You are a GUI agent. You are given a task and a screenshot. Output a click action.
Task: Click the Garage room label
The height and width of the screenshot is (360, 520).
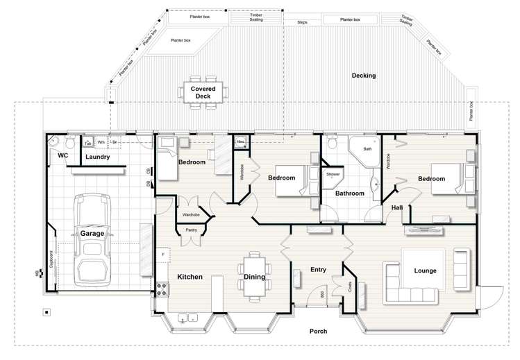click(92, 234)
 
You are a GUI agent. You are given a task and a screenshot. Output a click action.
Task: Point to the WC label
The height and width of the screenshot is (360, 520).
click(62, 156)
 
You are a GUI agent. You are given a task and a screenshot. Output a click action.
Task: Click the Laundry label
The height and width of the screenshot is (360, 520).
click(98, 157)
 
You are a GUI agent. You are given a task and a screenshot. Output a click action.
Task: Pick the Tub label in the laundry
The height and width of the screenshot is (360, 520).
click(88, 143)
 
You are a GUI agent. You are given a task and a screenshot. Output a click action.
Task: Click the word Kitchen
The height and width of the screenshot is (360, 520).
click(190, 277)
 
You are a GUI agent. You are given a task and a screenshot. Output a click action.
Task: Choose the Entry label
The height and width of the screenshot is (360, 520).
click(318, 270)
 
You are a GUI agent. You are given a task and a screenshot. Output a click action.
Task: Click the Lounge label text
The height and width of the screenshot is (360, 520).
click(425, 271)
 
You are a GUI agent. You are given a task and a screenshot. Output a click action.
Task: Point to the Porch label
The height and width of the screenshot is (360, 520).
click(318, 332)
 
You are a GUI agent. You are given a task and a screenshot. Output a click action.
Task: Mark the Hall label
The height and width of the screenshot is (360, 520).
click(396, 207)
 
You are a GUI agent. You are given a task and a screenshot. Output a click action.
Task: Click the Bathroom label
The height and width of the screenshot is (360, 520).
click(350, 194)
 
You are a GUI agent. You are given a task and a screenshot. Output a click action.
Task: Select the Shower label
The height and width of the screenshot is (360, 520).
click(333, 174)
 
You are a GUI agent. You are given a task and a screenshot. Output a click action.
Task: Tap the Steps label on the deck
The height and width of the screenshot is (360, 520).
click(302, 22)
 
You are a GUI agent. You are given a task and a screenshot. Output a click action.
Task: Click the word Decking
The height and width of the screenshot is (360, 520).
click(363, 76)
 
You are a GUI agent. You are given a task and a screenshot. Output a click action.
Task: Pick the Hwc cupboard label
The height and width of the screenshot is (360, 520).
click(240, 142)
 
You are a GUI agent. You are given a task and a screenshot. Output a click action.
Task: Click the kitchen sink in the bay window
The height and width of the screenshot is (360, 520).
click(187, 318)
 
